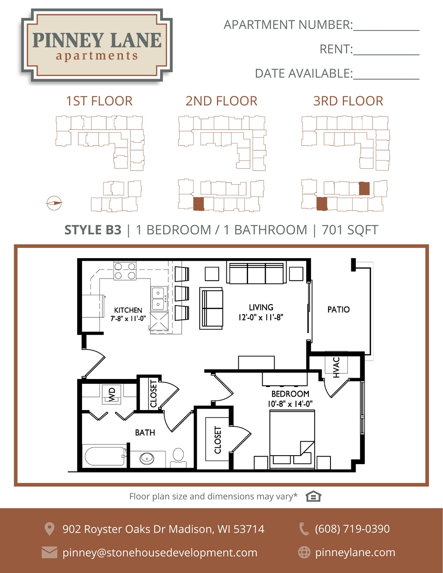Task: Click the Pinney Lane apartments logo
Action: click(97, 45)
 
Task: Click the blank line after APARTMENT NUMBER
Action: click(386, 30)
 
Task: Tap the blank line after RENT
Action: click(386, 54)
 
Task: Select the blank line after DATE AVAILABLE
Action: click(386, 79)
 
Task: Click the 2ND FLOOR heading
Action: click(221, 101)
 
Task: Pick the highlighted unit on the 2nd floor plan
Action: click(198, 204)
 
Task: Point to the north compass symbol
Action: click(54, 203)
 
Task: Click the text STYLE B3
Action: click(93, 230)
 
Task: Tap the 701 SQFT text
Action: click(350, 230)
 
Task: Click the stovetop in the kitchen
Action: click(125, 271)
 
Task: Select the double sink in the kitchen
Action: click(159, 298)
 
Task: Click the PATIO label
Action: click(338, 310)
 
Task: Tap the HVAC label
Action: click(336, 368)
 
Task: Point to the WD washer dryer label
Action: click(112, 394)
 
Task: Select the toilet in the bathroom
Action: click(178, 457)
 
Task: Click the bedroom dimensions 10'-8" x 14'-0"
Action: click(290, 404)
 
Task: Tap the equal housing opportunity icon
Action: click(313, 496)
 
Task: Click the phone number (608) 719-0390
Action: click(352, 529)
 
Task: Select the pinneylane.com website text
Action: click(355, 553)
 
